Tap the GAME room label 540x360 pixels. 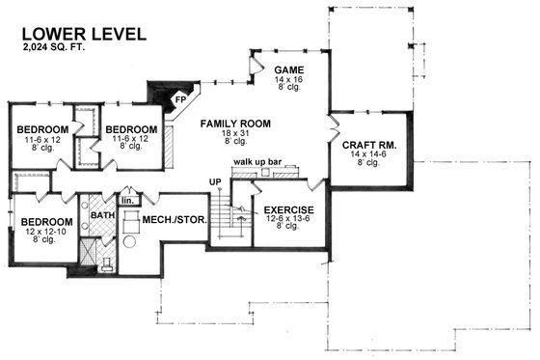[x=289, y=70]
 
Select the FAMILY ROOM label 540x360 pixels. [x=235, y=124]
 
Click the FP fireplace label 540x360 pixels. [x=178, y=98]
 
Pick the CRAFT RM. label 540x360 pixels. [x=369, y=146]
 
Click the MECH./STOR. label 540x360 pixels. [x=171, y=220]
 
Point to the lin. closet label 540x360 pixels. [x=127, y=201]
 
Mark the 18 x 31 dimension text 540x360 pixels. [x=235, y=133]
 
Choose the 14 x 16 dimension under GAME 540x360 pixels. [x=289, y=81]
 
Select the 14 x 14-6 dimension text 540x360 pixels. [x=369, y=156]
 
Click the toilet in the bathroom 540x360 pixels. [x=109, y=262]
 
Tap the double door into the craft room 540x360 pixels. [x=332, y=127]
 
